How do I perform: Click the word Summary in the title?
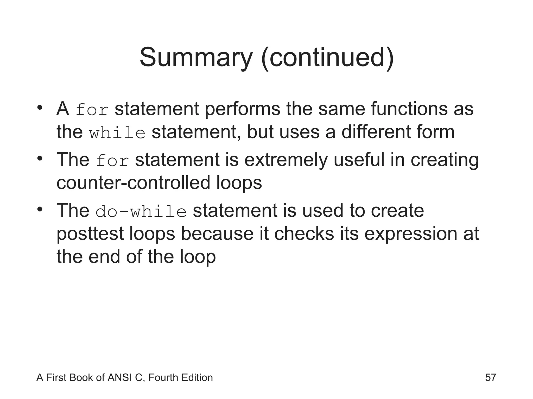click(x=196, y=58)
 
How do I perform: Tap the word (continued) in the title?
click(x=327, y=58)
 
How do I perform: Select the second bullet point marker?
click(x=40, y=158)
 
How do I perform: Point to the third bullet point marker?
click(x=40, y=209)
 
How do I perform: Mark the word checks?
click(x=304, y=233)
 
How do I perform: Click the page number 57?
click(x=491, y=377)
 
